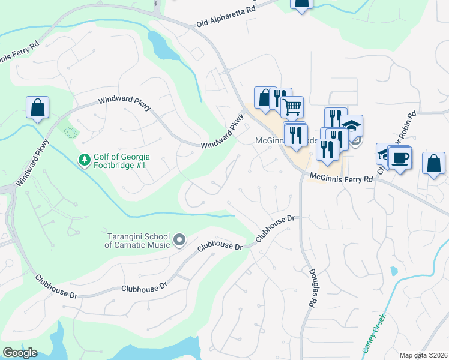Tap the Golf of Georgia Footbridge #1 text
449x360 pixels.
[x=122, y=160]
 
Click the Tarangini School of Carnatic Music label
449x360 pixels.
[x=138, y=241]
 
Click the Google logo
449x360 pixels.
[x=20, y=353]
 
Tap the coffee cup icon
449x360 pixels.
[x=400, y=158]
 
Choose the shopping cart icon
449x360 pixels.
[x=292, y=107]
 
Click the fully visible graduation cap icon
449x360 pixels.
[x=352, y=125]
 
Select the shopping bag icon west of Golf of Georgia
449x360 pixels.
[x=37, y=108]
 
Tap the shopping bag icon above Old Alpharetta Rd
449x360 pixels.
[x=301, y=3]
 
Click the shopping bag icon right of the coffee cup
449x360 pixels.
[x=433, y=163]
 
